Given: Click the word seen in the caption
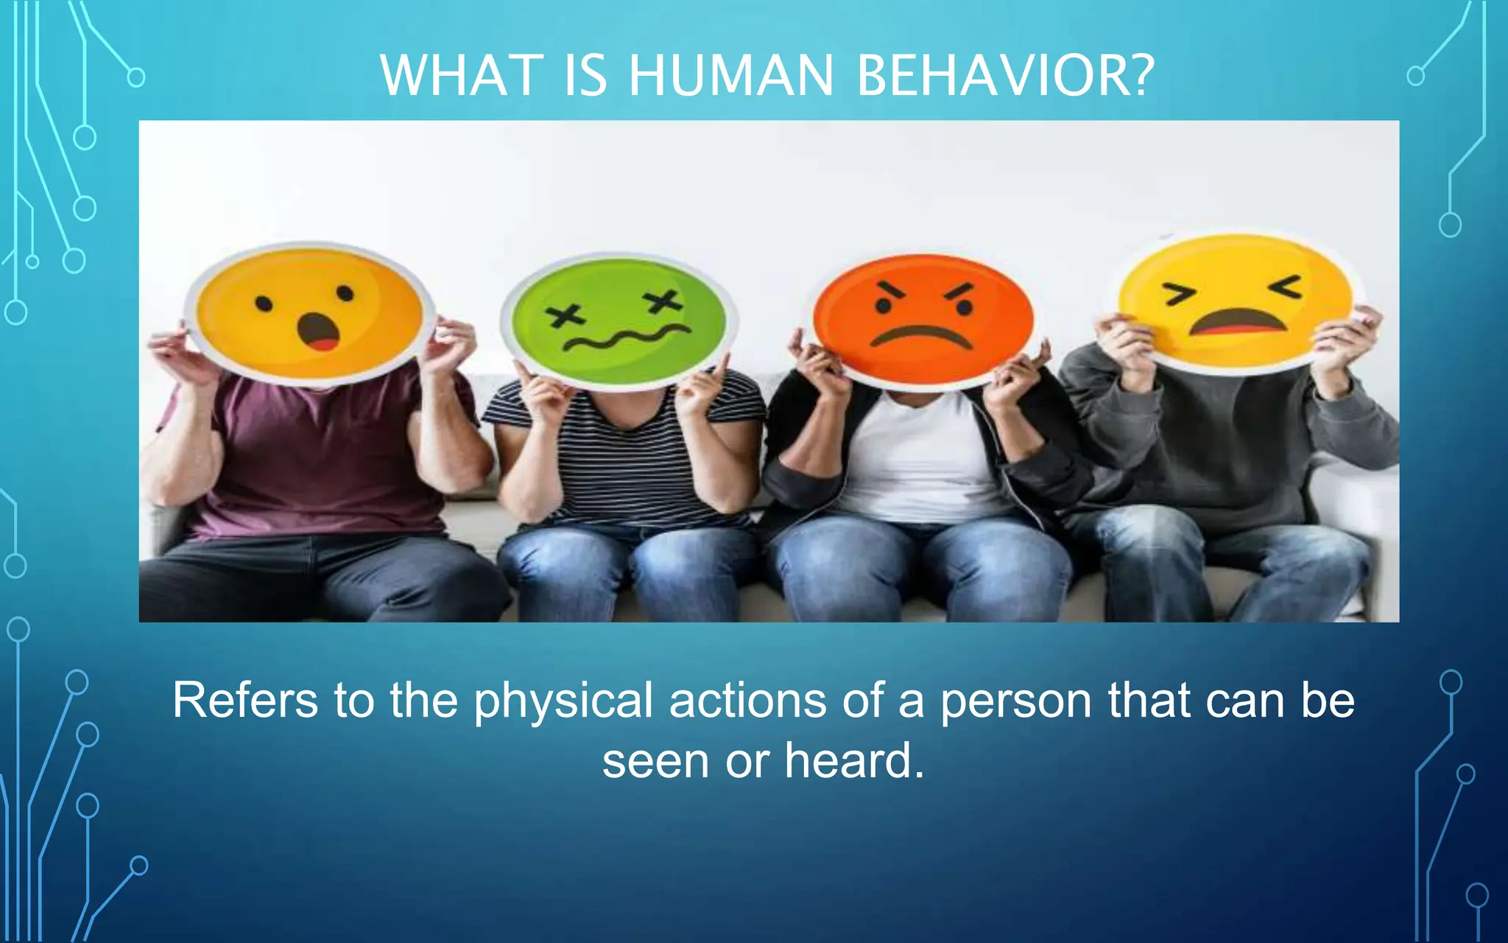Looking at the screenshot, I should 655,761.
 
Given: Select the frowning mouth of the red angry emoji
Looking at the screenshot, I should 921,336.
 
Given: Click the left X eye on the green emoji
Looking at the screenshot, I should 563,317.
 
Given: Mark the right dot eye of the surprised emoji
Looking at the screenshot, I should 345,294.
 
